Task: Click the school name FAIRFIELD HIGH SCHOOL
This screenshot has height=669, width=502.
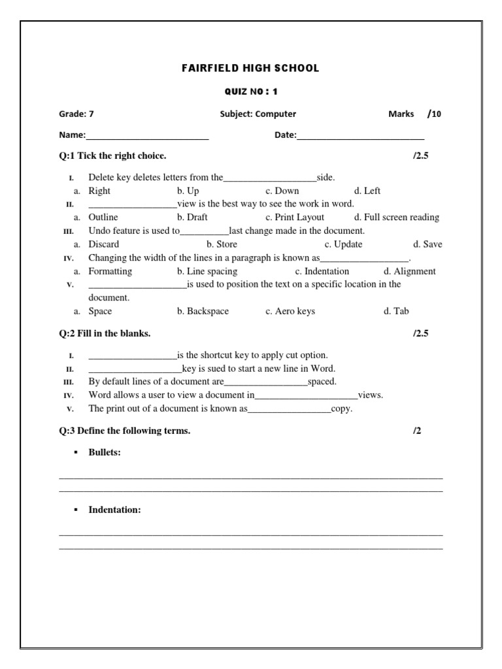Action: [250, 68]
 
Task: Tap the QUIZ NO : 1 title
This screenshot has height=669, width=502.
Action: [250, 91]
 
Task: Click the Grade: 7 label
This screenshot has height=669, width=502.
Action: [76, 114]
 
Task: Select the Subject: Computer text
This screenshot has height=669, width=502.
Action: [258, 114]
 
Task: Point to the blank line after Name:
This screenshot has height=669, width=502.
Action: [147, 136]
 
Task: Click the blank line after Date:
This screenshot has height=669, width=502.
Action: [360, 136]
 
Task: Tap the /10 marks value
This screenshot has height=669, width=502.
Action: [435, 114]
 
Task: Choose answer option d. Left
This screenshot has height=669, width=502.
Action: [367, 191]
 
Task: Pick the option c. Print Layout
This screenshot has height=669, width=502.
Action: [295, 217]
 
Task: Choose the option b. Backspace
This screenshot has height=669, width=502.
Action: [203, 311]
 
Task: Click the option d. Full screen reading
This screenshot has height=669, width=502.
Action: [397, 217]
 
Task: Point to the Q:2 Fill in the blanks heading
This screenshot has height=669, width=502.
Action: [105, 333]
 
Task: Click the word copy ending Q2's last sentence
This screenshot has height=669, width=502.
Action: [342, 408]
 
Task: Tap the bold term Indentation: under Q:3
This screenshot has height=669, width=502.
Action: [114, 510]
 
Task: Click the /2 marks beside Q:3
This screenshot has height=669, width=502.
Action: [417, 431]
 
